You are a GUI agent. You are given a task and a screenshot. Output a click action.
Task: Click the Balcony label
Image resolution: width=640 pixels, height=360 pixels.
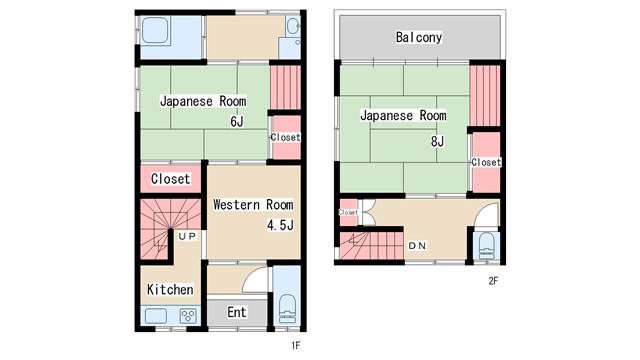(x=419, y=38)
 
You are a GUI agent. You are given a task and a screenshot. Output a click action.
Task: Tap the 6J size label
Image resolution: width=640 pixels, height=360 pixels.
(x=237, y=121)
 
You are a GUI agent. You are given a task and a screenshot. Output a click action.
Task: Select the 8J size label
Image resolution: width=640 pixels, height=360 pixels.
(x=437, y=141)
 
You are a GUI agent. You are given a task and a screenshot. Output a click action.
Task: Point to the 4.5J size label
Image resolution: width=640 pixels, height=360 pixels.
(x=280, y=224)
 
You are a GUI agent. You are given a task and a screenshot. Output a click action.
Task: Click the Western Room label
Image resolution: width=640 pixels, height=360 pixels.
(x=253, y=204)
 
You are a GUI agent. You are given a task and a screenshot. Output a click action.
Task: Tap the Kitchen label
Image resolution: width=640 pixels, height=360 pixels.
(x=170, y=289)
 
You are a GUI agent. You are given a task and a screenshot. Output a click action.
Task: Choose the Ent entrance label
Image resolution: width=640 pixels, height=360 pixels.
(x=237, y=312)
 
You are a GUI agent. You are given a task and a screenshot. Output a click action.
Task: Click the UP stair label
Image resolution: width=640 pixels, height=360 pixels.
(x=187, y=236)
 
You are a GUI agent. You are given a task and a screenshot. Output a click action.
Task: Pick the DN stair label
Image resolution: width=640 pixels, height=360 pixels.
(x=417, y=246)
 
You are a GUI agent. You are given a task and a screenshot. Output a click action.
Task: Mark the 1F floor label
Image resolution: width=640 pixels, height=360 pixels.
(x=296, y=345)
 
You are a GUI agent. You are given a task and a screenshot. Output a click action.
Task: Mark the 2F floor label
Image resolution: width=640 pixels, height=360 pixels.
(x=493, y=280)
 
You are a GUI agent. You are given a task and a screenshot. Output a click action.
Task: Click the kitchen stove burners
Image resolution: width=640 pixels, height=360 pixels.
(x=188, y=316)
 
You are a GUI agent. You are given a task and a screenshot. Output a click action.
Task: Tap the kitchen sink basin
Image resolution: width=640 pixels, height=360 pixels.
(x=156, y=316)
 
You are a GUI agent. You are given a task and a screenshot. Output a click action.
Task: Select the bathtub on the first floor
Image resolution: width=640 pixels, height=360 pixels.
(x=155, y=30)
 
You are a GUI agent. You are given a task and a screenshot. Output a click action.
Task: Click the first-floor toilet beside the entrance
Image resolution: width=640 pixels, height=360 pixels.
(x=287, y=308)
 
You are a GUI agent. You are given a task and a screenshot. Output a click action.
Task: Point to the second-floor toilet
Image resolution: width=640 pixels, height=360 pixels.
(x=486, y=246)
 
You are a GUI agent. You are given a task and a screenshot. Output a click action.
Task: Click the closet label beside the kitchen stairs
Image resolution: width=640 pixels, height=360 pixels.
(x=170, y=179)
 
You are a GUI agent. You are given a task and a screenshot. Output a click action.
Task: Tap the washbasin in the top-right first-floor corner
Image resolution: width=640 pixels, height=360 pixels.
(x=293, y=27)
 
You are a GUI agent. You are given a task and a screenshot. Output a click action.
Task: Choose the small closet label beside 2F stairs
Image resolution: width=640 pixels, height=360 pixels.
(x=348, y=212)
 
